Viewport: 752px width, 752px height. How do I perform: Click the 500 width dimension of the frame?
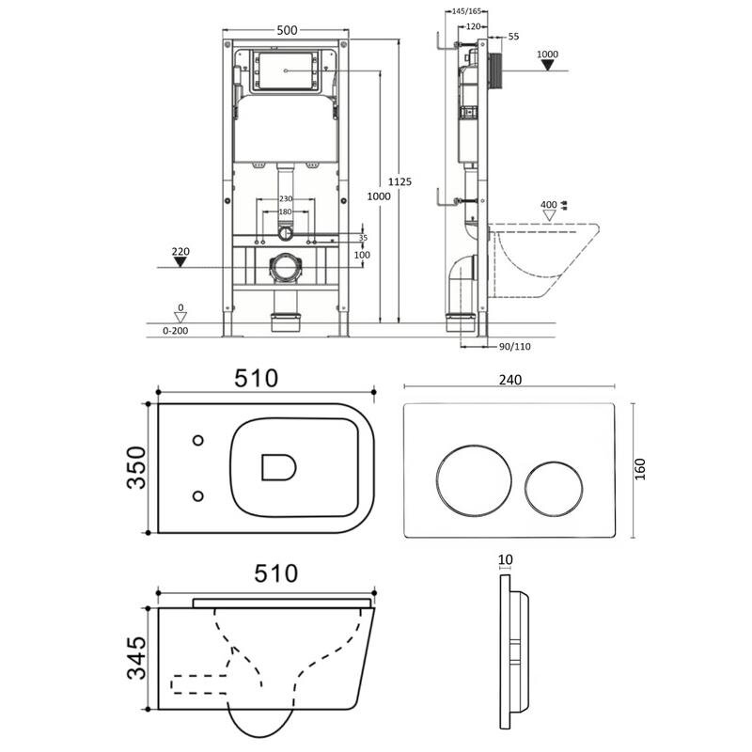(x=287, y=30)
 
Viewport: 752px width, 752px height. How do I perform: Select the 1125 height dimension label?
(x=399, y=181)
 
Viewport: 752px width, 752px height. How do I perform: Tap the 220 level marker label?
(x=180, y=251)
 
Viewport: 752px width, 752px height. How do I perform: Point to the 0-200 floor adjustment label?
(x=176, y=331)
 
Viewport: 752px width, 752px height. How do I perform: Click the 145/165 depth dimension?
(x=466, y=11)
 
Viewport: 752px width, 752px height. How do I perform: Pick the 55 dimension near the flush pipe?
(x=513, y=37)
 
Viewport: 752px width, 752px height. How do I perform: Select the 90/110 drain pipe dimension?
(x=514, y=346)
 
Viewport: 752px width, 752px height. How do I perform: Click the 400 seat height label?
(x=549, y=205)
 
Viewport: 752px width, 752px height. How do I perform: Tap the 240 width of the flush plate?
(x=509, y=380)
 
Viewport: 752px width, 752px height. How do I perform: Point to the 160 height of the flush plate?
(x=640, y=469)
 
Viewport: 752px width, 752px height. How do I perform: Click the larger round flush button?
(x=474, y=481)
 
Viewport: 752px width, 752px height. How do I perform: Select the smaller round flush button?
(x=554, y=490)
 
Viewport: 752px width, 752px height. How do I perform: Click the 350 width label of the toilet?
(x=136, y=467)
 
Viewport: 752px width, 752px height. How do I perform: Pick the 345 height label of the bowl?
(x=136, y=658)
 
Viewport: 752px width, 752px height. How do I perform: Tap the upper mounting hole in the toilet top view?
(x=197, y=440)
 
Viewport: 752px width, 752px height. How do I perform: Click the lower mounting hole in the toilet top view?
(x=197, y=496)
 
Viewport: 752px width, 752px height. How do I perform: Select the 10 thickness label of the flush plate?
(x=506, y=559)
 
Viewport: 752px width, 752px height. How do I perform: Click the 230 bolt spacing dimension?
(x=286, y=198)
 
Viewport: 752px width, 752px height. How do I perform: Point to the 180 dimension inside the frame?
(x=286, y=211)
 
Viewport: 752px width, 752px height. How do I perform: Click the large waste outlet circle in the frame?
(x=286, y=268)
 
